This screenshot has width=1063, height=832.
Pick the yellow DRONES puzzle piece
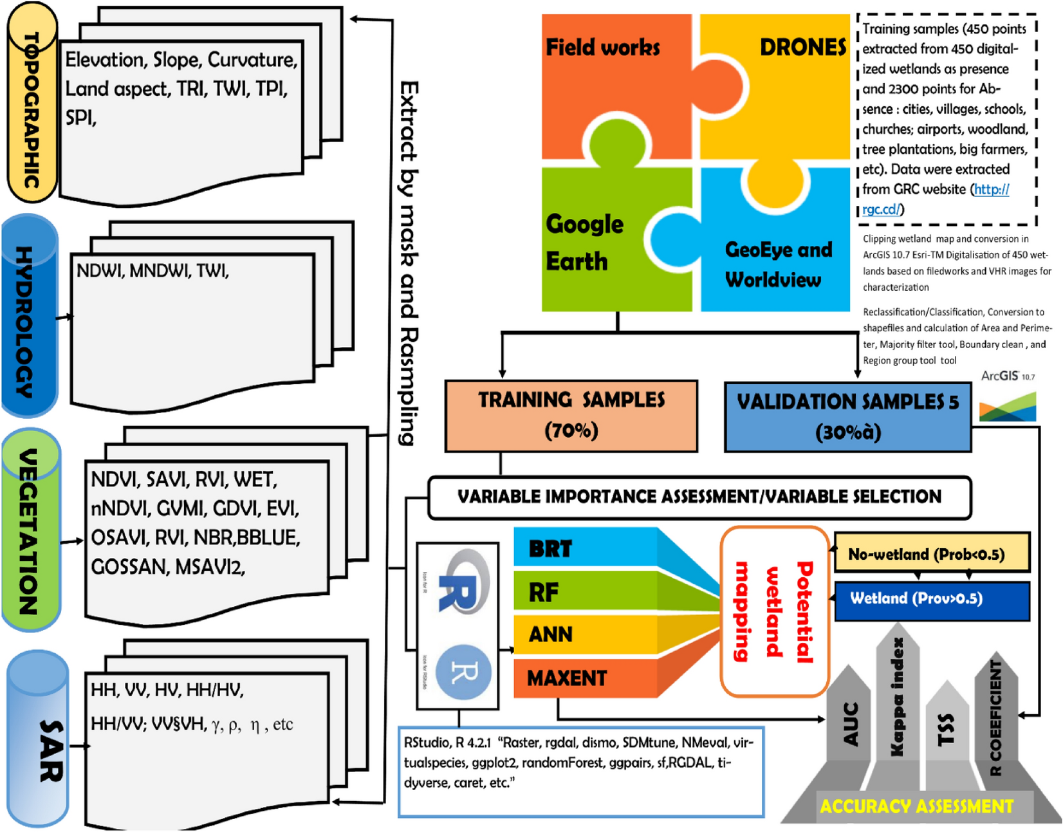coord(791,84)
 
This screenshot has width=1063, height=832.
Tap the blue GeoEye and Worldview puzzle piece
coord(779,264)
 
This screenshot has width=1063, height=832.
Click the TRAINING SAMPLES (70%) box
coord(571,416)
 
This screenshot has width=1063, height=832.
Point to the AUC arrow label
coord(849,724)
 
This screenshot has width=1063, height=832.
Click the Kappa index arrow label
coord(897,698)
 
